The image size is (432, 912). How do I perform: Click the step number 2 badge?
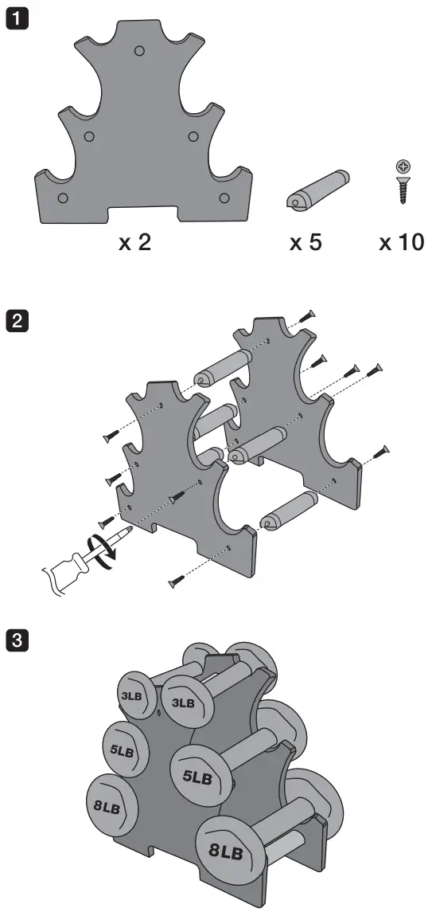tap(16, 320)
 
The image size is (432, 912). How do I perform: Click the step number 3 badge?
tap(16, 640)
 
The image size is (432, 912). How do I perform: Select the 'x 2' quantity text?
tap(134, 243)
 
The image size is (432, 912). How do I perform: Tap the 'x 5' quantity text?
tap(306, 243)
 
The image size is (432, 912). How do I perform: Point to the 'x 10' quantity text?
tap(402, 243)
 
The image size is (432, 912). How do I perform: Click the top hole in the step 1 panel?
tap(139, 51)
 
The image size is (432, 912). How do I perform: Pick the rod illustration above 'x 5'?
tap(317, 190)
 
